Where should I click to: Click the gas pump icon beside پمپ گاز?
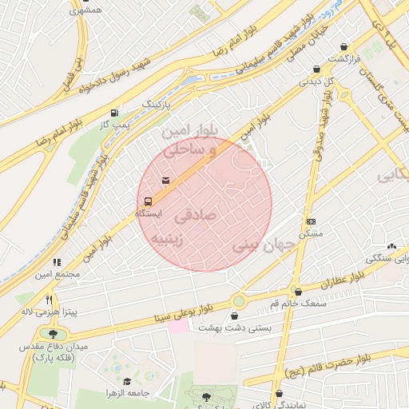[x=115, y=113]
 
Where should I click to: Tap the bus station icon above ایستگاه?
[x=148, y=202]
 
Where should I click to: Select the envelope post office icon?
[x=165, y=181]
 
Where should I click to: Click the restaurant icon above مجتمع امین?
[x=57, y=262]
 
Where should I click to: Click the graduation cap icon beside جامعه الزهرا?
[x=128, y=381]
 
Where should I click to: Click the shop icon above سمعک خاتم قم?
[x=299, y=292]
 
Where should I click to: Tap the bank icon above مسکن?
[x=311, y=221]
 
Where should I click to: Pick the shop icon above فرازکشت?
[x=343, y=47]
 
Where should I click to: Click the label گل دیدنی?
[x=317, y=81]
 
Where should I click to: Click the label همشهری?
[x=85, y=10]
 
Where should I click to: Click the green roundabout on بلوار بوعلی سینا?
[x=238, y=301]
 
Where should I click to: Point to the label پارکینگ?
[x=157, y=104]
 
